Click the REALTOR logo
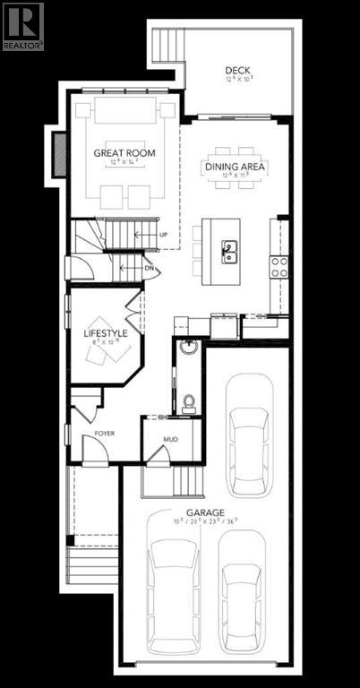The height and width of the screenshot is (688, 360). click(x=22, y=25)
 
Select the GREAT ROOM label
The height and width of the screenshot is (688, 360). click(x=124, y=153)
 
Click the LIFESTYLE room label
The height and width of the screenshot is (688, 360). click(x=106, y=333)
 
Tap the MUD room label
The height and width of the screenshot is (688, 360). click(x=171, y=440)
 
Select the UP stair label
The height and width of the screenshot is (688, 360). click(x=163, y=235)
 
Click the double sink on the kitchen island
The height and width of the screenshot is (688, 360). click(x=229, y=251)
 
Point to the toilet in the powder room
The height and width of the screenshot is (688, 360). click(x=189, y=404)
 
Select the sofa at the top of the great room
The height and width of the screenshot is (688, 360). click(x=124, y=111)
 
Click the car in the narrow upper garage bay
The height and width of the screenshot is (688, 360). click(x=249, y=434)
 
